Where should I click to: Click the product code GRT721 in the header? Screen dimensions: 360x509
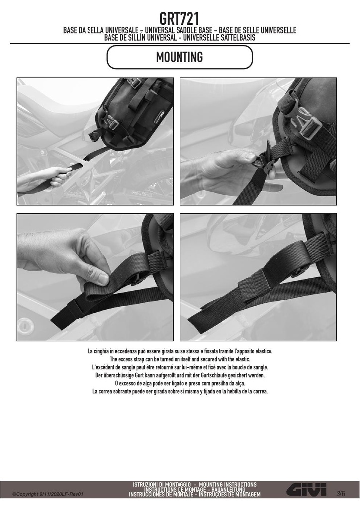pyautogui.click(x=179, y=19)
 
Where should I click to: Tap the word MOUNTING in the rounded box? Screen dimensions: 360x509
pyautogui.click(x=180, y=57)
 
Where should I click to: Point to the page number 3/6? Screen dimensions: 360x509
pyautogui.click(x=341, y=494)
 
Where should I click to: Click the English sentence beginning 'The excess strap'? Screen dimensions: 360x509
pyautogui.click(x=180, y=359)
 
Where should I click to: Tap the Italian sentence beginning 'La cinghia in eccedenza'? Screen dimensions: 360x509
pyautogui.click(x=180, y=351)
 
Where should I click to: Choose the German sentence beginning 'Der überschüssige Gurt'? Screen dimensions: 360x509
pyautogui.click(x=180, y=375)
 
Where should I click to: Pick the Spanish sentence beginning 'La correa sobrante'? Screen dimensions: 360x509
pyautogui.click(x=180, y=391)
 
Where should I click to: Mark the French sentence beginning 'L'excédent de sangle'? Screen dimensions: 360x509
pyautogui.click(x=180, y=367)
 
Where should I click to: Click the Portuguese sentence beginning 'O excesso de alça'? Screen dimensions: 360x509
pyautogui.click(x=180, y=383)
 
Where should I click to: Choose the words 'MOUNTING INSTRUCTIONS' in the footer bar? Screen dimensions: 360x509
pyautogui.click(x=228, y=484)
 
